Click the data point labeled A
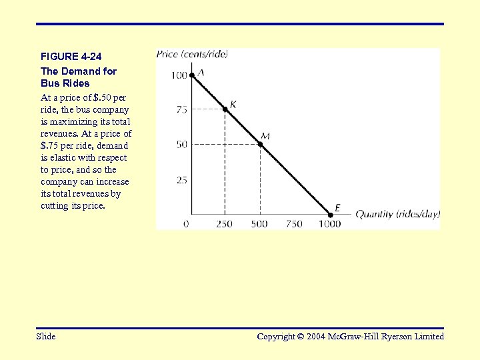point(191,75)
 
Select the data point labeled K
point(225,109)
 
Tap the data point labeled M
point(260,143)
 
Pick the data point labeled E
point(329,215)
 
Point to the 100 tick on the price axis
point(179,75)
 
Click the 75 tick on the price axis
point(182,109)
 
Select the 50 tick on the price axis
point(182,144)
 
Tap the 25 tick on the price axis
point(182,180)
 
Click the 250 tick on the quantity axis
point(225,224)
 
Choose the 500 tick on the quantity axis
point(259,224)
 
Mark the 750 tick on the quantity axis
point(294,224)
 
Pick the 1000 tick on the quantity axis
point(329,224)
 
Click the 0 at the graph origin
point(186,224)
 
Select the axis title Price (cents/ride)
point(192,55)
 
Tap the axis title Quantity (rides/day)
point(397,214)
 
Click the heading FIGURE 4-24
point(71,57)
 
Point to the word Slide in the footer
point(46,337)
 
